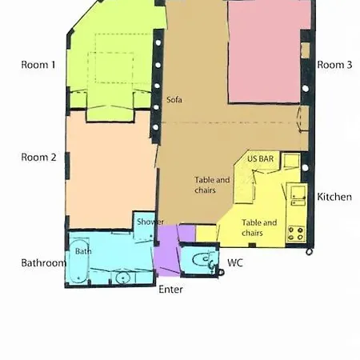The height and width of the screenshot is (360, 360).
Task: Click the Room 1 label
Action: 38,65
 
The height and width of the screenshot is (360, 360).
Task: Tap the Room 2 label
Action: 38,158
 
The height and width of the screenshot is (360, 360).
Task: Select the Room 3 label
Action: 334,65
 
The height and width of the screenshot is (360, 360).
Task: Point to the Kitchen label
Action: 334,197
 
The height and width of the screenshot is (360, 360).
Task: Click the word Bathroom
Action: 43,263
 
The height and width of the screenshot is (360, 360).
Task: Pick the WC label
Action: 235,263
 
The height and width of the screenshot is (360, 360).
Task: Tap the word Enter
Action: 170,290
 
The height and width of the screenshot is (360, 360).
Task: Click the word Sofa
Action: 174,100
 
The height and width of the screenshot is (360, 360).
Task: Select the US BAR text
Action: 260,159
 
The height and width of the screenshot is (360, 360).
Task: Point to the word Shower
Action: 150,222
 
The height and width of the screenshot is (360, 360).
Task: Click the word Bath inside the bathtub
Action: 83,251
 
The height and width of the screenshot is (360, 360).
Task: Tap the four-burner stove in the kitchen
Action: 296,234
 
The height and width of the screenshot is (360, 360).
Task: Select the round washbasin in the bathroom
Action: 122,278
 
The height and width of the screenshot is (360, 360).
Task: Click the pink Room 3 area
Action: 264,52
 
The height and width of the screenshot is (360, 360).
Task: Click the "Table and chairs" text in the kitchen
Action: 259,228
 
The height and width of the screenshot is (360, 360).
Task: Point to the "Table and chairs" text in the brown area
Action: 212,185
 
